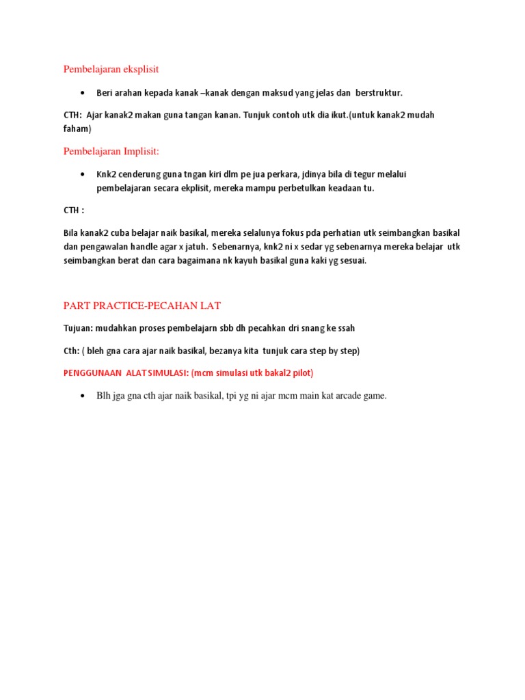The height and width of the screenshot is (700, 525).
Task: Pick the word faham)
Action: click(x=77, y=128)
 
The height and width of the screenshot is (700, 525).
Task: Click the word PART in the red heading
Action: click(x=77, y=305)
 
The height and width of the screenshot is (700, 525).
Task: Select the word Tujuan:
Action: click(x=79, y=328)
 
